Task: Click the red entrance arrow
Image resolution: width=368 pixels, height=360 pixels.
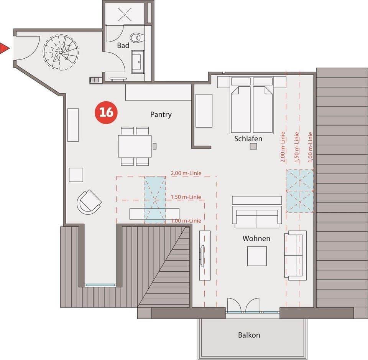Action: point(4,48)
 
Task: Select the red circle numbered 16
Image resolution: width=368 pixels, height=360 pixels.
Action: point(106,112)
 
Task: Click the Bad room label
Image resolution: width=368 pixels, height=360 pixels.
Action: point(123,45)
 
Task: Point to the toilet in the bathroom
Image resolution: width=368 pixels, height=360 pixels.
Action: point(136,38)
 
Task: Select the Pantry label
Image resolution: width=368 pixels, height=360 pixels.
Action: point(161,114)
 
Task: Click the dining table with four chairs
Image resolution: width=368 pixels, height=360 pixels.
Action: point(135,146)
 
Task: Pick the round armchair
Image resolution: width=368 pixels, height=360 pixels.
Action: point(89,201)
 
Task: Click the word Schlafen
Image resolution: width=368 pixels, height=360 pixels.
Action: point(248,139)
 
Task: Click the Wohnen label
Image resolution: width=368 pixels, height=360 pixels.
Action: point(256,238)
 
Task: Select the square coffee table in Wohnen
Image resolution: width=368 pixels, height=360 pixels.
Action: point(256,256)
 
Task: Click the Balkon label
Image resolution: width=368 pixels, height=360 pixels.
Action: point(249,335)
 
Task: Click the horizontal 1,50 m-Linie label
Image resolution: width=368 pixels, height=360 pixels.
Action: point(186,197)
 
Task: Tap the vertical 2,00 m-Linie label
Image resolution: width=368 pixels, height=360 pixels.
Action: point(283,148)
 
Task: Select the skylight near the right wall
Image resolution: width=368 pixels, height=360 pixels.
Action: point(300,191)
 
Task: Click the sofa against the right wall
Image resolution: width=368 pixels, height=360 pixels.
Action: point(295,255)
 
